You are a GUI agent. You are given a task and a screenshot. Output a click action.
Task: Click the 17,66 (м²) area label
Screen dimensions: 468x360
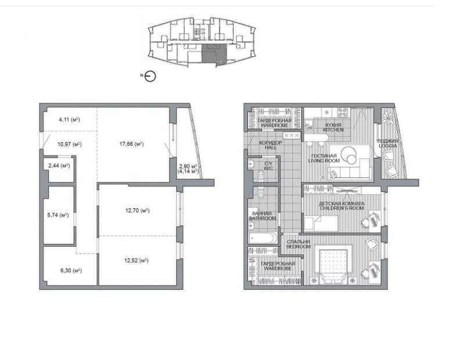pos(132,144)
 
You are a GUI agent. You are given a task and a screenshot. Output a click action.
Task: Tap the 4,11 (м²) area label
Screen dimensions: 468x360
pos(69,120)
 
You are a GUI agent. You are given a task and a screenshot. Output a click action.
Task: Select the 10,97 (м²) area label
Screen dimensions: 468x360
pos(69,145)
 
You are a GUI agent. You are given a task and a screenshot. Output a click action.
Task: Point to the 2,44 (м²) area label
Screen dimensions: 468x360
pos(59,165)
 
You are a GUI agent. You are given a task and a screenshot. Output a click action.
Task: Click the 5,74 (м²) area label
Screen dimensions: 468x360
pos(58,215)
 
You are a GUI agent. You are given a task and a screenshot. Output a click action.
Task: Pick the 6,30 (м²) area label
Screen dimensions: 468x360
pos(71,271)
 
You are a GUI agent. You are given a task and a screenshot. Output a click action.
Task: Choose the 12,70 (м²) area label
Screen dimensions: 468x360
pos(137,211)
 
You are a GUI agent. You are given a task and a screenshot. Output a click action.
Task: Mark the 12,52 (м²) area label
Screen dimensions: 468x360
pos(136,261)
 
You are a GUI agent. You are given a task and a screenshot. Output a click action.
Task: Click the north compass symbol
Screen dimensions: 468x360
pos(150,77)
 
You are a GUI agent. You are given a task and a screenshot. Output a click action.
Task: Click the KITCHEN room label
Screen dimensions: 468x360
pos(333,130)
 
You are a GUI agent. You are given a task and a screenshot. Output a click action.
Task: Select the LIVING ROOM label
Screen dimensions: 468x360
pos(324,161)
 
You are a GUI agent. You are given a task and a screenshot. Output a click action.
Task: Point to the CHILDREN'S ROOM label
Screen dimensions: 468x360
pos(342,208)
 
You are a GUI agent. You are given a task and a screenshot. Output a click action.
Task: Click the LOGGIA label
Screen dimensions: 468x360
pos(388,146)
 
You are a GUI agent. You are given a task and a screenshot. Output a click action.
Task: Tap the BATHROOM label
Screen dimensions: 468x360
pos(262,218)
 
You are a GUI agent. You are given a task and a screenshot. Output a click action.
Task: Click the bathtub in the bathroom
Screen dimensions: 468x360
pos(262,238)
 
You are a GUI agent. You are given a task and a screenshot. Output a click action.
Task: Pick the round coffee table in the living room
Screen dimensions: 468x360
pos(349,155)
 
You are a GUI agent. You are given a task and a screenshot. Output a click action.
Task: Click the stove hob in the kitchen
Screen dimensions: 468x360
pos(343,113)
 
